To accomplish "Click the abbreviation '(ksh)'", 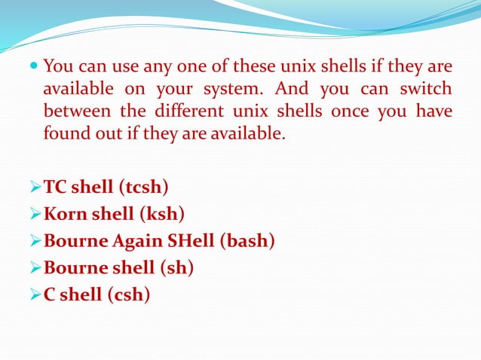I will tap(161, 214).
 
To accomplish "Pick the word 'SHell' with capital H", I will tap(195, 241).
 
